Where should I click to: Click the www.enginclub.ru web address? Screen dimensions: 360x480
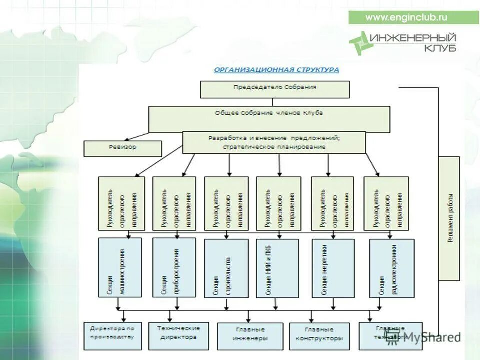coord(406,17)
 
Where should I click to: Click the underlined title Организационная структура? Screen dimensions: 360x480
coord(276,70)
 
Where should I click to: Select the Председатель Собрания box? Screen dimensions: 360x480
coord(275,89)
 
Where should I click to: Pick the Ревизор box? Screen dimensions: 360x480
coord(122,148)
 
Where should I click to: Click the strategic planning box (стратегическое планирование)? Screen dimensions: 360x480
coord(274,142)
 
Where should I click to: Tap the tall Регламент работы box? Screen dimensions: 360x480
coord(449,218)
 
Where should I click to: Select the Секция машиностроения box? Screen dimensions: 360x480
coord(120,268)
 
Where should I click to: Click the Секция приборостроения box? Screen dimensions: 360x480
coord(173,268)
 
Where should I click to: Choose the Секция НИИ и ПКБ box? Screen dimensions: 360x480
coord(277,268)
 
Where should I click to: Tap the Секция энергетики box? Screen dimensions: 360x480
coord(330,268)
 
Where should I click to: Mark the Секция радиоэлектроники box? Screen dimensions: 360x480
coord(391,269)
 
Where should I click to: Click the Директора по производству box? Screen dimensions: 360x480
coord(112,335)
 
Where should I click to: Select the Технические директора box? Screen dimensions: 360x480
coord(178,335)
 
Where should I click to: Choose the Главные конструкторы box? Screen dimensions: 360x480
coord(319,336)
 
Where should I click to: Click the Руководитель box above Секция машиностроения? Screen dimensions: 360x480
coord(121,203)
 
